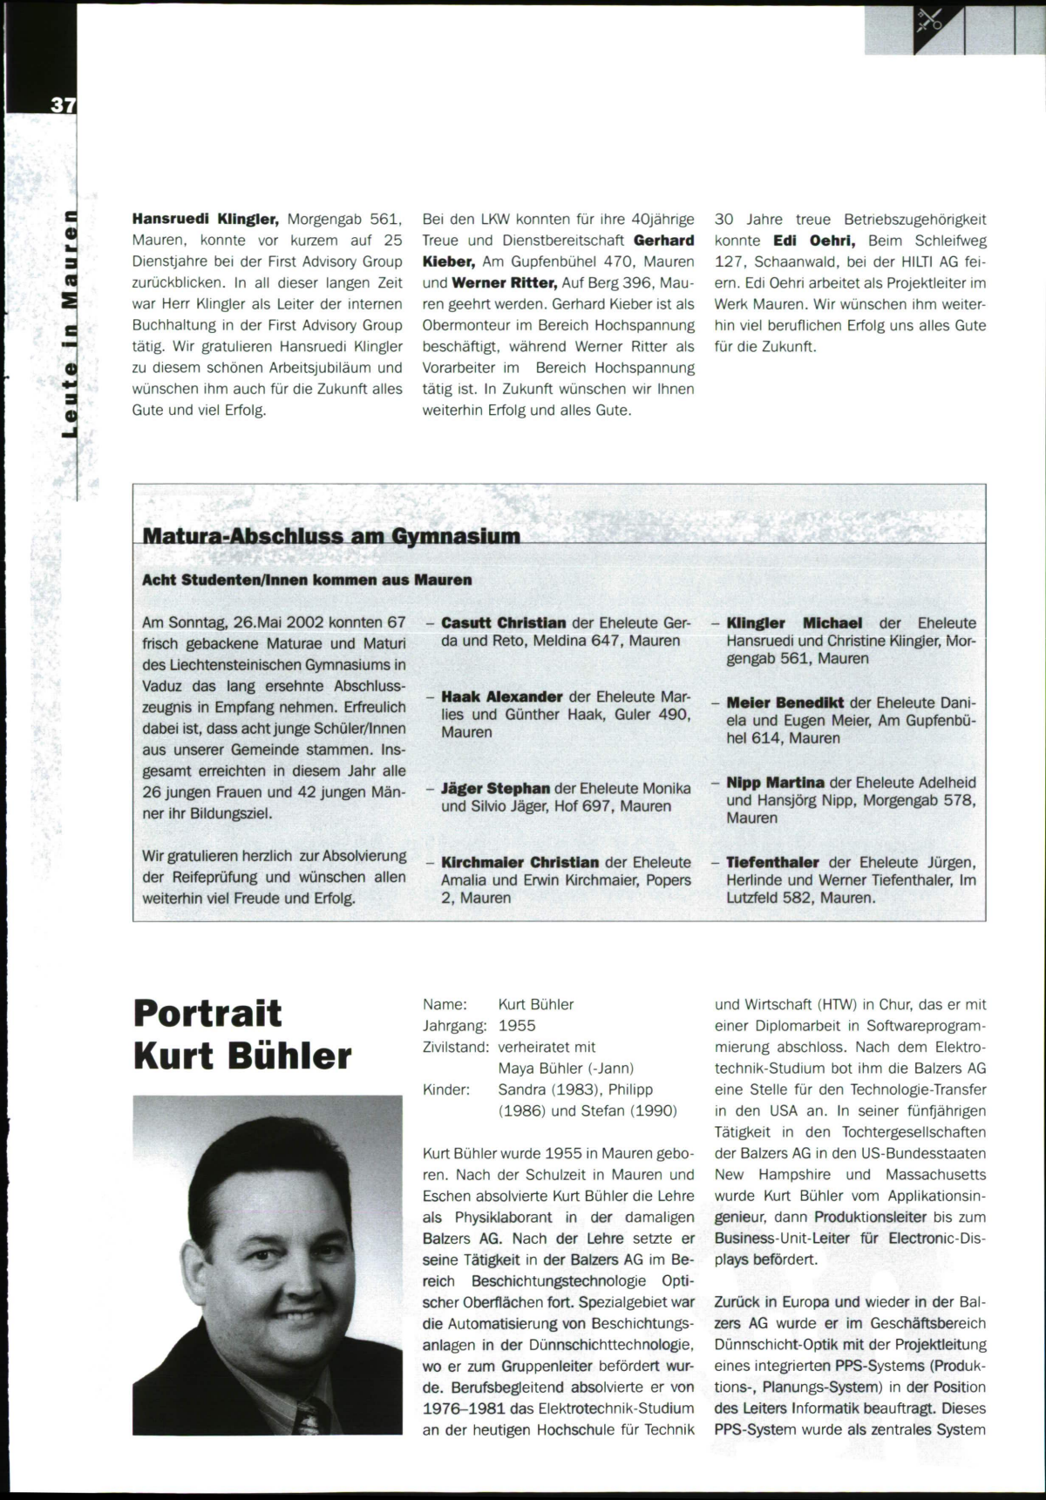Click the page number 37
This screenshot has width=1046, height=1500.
pos(63,105)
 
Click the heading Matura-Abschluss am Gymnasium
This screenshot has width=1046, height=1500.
pos(331,535)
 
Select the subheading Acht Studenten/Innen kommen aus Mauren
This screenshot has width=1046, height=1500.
pos(307,580)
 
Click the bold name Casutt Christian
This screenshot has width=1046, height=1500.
pos(504,623)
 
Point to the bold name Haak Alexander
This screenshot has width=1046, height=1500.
pos(502,697)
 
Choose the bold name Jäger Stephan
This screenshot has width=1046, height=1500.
pos(495,789)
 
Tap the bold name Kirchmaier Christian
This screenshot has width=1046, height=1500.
pos(520,862)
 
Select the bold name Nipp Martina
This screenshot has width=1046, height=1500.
pos(776,783)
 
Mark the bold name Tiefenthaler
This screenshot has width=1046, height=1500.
pos(772,862)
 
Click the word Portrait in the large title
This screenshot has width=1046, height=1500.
pos(208,1014)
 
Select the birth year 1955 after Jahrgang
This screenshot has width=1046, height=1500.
pos(517,1026)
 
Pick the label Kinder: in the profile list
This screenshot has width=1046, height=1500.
pos(446,1089)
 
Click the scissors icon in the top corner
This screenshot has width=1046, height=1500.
pos(927,21)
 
